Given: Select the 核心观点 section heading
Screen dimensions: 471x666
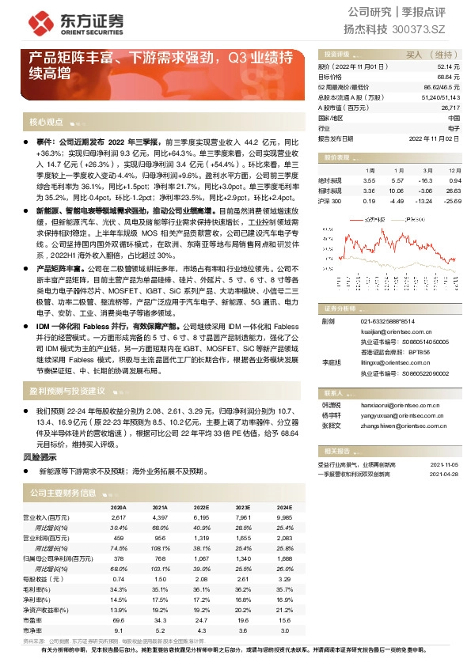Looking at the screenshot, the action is (46, 122).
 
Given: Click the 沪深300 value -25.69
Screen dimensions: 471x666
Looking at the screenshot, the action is (453, 200).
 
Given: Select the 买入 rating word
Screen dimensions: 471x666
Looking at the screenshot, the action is (414, 55).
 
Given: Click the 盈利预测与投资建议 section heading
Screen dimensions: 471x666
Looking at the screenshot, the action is (67, 392).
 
